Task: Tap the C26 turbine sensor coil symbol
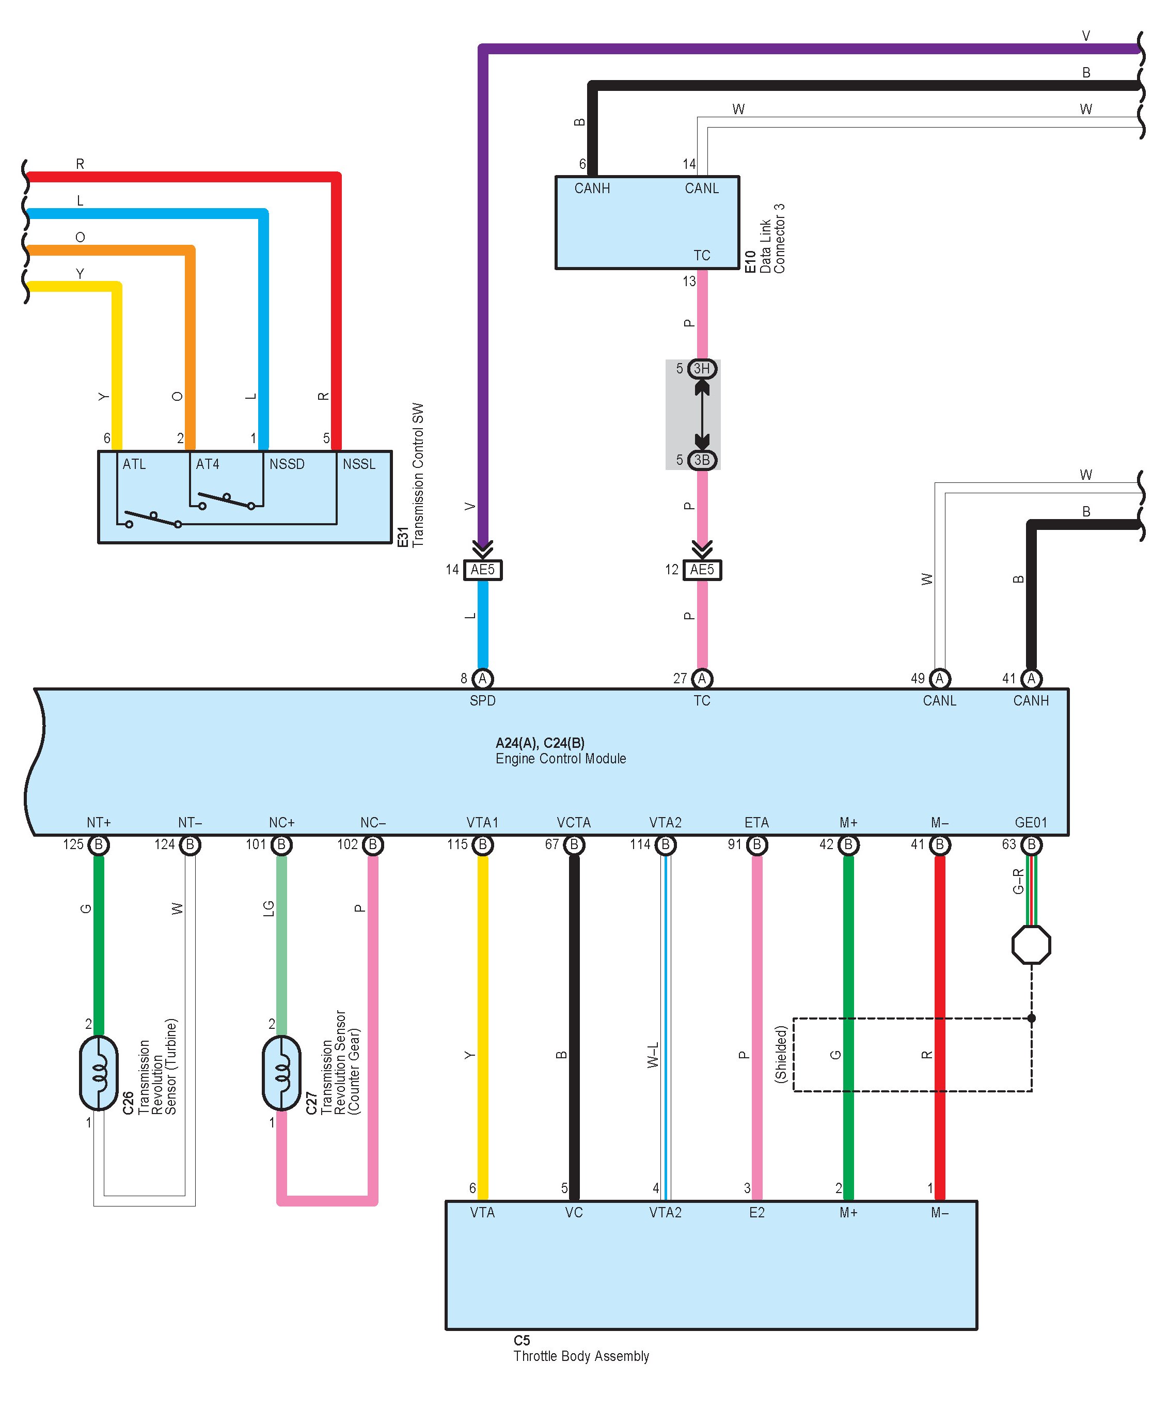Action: (99, 1073)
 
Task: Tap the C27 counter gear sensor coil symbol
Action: (281, 1073)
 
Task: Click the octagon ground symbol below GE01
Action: (1031, 945)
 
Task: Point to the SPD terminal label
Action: (483, 701)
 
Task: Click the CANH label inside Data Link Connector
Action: (592, 189)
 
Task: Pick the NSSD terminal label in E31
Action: (287, 464)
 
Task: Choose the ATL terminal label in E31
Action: (134, 464)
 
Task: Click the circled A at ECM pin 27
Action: (702, 679)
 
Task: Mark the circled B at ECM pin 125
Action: (99, 844)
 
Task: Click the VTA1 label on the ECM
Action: (483, 822)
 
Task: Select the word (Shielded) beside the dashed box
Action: (780, 1054)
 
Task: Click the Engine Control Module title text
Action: (561, 759)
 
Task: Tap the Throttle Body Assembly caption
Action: (581, 1356)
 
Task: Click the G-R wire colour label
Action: (1018, 881)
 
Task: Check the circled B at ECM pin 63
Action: (1032, 844)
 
